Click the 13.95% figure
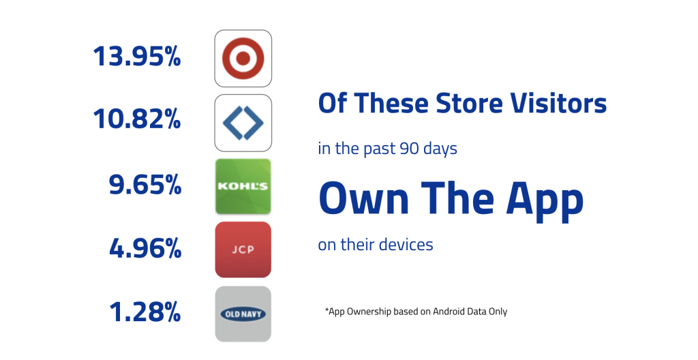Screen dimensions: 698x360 click(136, 57)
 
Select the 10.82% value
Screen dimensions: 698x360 click(136, 119)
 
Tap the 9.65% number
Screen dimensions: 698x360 click(145, 185)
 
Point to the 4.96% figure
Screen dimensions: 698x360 click(145, 248)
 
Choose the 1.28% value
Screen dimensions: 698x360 click(145, 312)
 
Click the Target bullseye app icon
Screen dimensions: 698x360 click(243, 59)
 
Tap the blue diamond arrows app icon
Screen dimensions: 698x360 click(243, 123)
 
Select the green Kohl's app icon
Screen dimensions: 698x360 click(243, 187)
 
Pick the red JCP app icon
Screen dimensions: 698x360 click(243, 250)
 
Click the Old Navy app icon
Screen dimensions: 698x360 click(243, 314)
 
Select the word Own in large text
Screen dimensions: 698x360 click(364, 198)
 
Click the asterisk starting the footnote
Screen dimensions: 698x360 click(327, 310)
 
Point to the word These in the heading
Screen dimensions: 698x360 click(390, 104)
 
